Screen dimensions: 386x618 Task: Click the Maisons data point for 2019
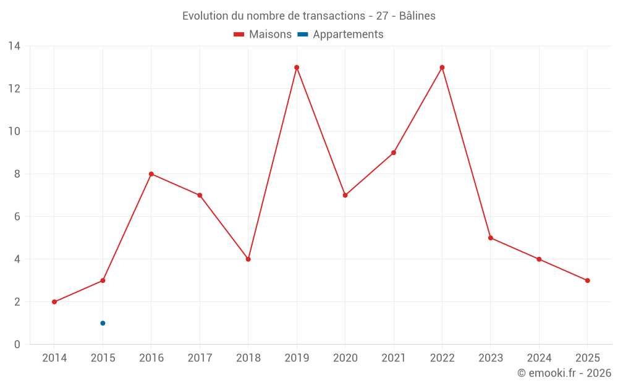click(297, 67)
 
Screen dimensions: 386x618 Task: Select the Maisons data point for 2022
click(442, 67)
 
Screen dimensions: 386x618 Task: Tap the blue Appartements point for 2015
click(103, 323)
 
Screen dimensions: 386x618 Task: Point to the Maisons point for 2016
click(151, 174)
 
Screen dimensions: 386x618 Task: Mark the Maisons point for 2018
click(248, 259)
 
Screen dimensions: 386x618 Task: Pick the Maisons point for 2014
click(54, 302)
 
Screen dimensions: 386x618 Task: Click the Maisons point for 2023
click(491, 238)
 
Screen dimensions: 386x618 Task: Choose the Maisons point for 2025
click(588, 280)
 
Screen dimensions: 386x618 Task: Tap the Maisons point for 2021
click(394, 153)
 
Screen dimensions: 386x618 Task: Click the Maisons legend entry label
click(270, 35)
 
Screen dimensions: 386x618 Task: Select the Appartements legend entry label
click(348, 35)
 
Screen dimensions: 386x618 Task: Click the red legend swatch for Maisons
click(239, 35)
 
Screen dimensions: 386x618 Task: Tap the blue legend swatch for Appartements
click(303, 35)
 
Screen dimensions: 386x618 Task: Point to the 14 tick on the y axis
click(14, 46)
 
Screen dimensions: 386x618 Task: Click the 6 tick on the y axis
click(17, 217)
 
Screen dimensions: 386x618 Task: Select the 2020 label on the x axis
click(345, 358)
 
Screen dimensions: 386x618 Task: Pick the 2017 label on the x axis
click(200, 358)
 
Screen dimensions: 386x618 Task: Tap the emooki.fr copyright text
click(564, 373)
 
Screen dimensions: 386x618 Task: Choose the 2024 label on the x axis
click(539, 358)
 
